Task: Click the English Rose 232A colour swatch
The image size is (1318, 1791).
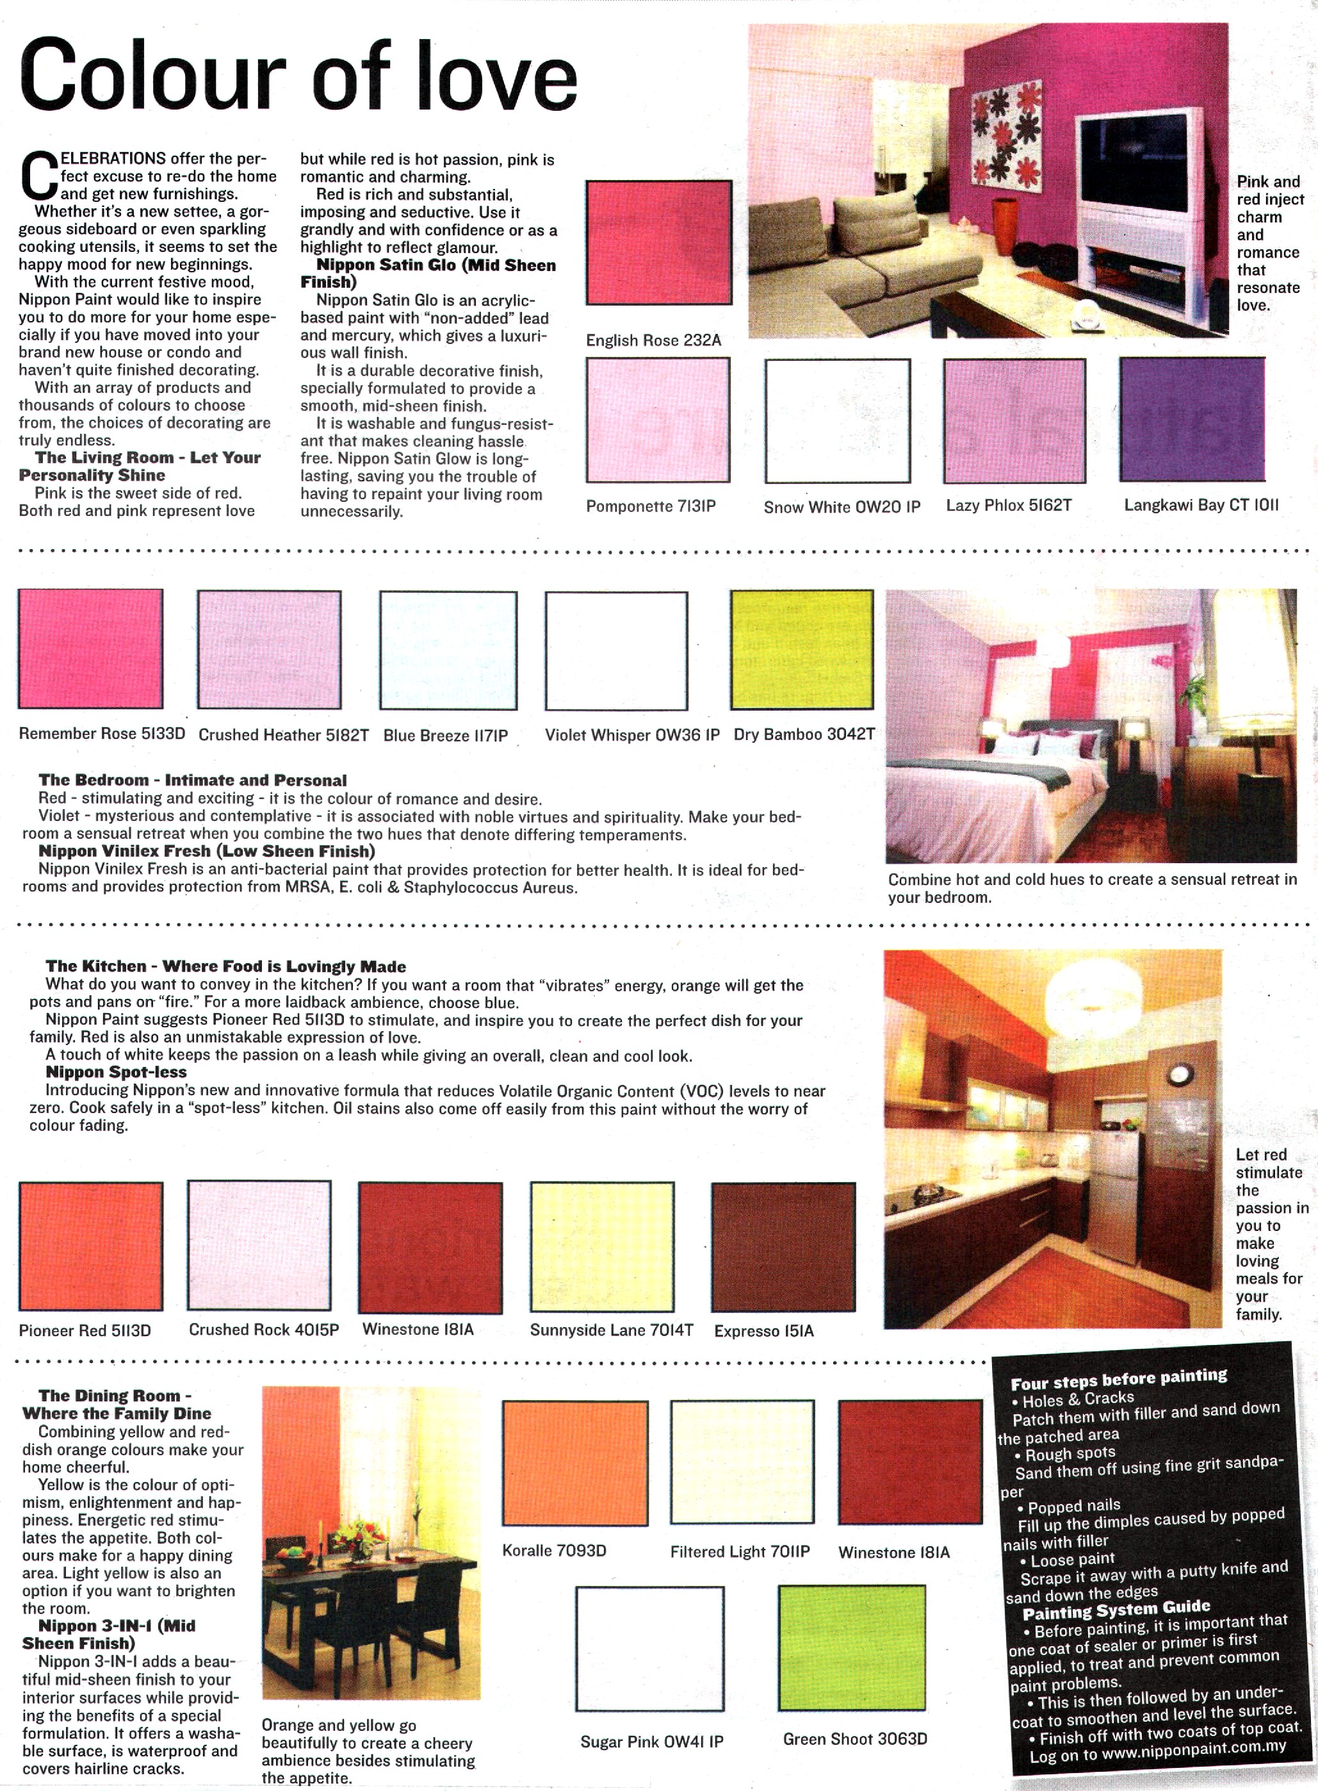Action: point(659,243)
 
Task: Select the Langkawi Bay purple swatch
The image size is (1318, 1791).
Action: point(1192,420)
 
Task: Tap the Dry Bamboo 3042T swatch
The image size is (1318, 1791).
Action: point(802,650)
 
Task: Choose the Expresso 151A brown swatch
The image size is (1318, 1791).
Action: point(783,1247)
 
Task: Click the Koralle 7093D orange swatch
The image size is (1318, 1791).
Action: point(575,1462)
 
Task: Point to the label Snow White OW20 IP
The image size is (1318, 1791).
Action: point(842,507)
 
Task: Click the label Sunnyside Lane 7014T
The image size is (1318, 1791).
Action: point(611,1330)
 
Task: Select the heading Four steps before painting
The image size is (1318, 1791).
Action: point(1119,1379)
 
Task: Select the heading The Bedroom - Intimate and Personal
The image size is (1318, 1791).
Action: point(192,780)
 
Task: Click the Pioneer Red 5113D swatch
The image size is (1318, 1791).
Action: point(91,1246)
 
